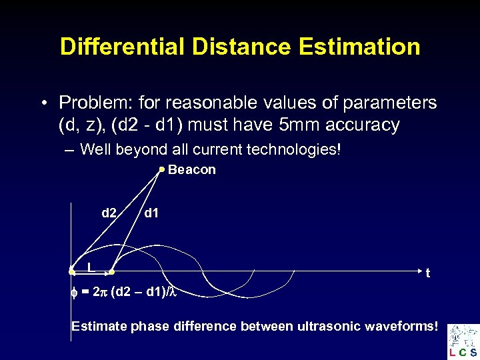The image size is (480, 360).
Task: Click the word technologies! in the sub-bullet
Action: point(293,149)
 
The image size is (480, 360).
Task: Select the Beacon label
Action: point(192,170)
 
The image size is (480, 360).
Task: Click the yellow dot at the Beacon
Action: point(161,170)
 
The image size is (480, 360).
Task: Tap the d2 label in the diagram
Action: point(109,213)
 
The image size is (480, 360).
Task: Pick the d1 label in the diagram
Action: point(151,213)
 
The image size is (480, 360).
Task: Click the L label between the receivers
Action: point(89,267)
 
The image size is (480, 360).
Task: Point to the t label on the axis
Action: point(427,273)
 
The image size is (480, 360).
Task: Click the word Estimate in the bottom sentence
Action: point(97,326)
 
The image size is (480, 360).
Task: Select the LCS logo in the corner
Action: point(463,341)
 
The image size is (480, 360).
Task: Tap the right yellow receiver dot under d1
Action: point(112,272)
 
